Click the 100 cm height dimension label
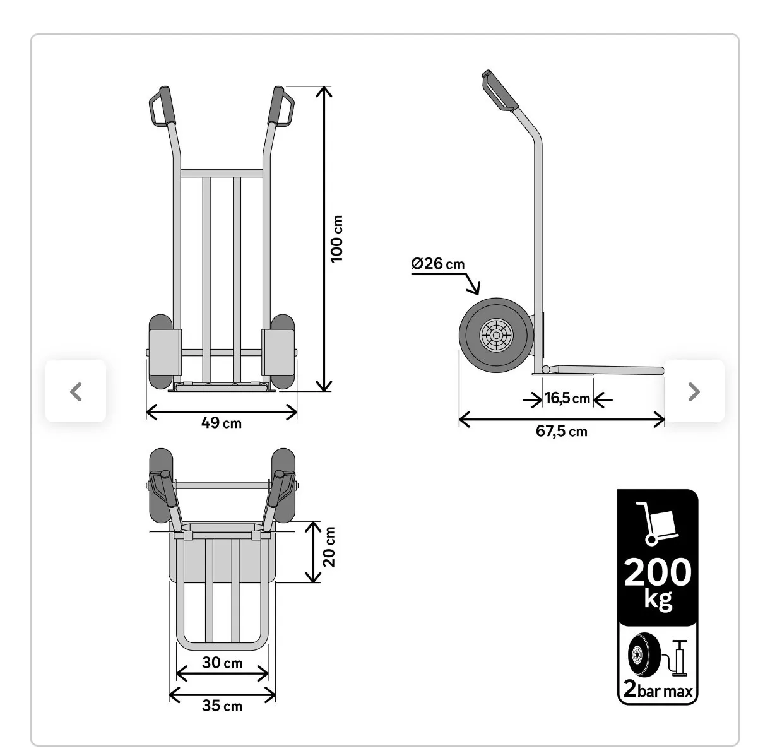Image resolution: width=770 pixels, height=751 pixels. tap(337, 239)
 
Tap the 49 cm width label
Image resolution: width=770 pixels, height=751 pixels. tap(222, 423)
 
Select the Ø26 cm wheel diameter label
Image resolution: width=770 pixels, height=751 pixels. tap(438, 264)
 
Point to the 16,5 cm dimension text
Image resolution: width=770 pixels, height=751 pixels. tap(567, 398)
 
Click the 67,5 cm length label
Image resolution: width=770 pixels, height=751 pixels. tap(562, 431)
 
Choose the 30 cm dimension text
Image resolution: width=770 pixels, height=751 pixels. tap(222, 663)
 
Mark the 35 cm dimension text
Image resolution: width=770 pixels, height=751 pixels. tap(222, 706)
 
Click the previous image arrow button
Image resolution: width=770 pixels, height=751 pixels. tap(76, 391)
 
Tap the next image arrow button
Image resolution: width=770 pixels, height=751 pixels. tap(694, 391)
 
